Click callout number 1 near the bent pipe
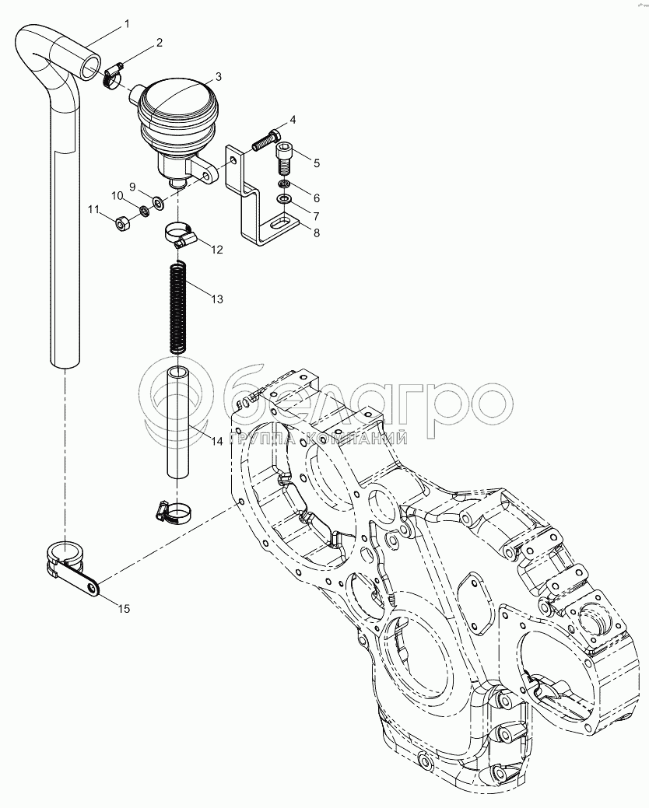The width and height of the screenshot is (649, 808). pos(126,26)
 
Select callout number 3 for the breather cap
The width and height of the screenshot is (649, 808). pos(218,76)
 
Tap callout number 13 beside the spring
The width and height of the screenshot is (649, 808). pos(216,299)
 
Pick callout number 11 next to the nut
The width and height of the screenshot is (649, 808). pos(93,209)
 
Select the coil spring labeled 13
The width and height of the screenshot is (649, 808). pos(179,307)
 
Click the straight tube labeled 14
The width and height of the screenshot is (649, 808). pos(179,424)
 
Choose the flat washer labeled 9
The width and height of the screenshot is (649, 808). pos(157,204)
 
